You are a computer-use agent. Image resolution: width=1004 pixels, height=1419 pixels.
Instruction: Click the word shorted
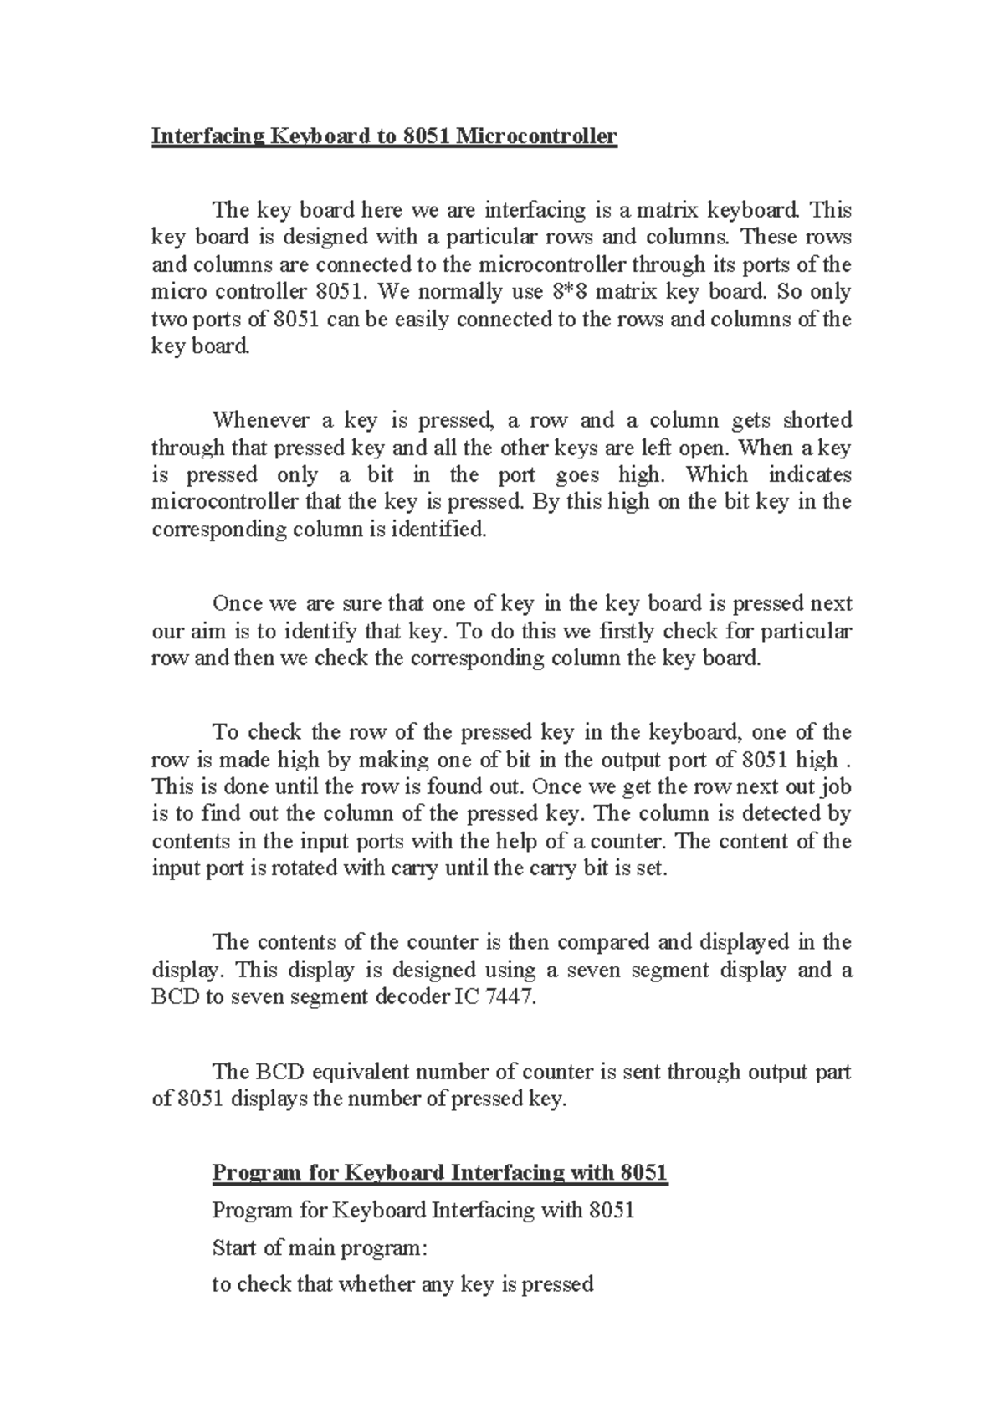point(812,420)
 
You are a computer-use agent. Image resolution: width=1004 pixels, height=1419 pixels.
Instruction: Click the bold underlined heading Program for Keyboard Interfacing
point(439,1173)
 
